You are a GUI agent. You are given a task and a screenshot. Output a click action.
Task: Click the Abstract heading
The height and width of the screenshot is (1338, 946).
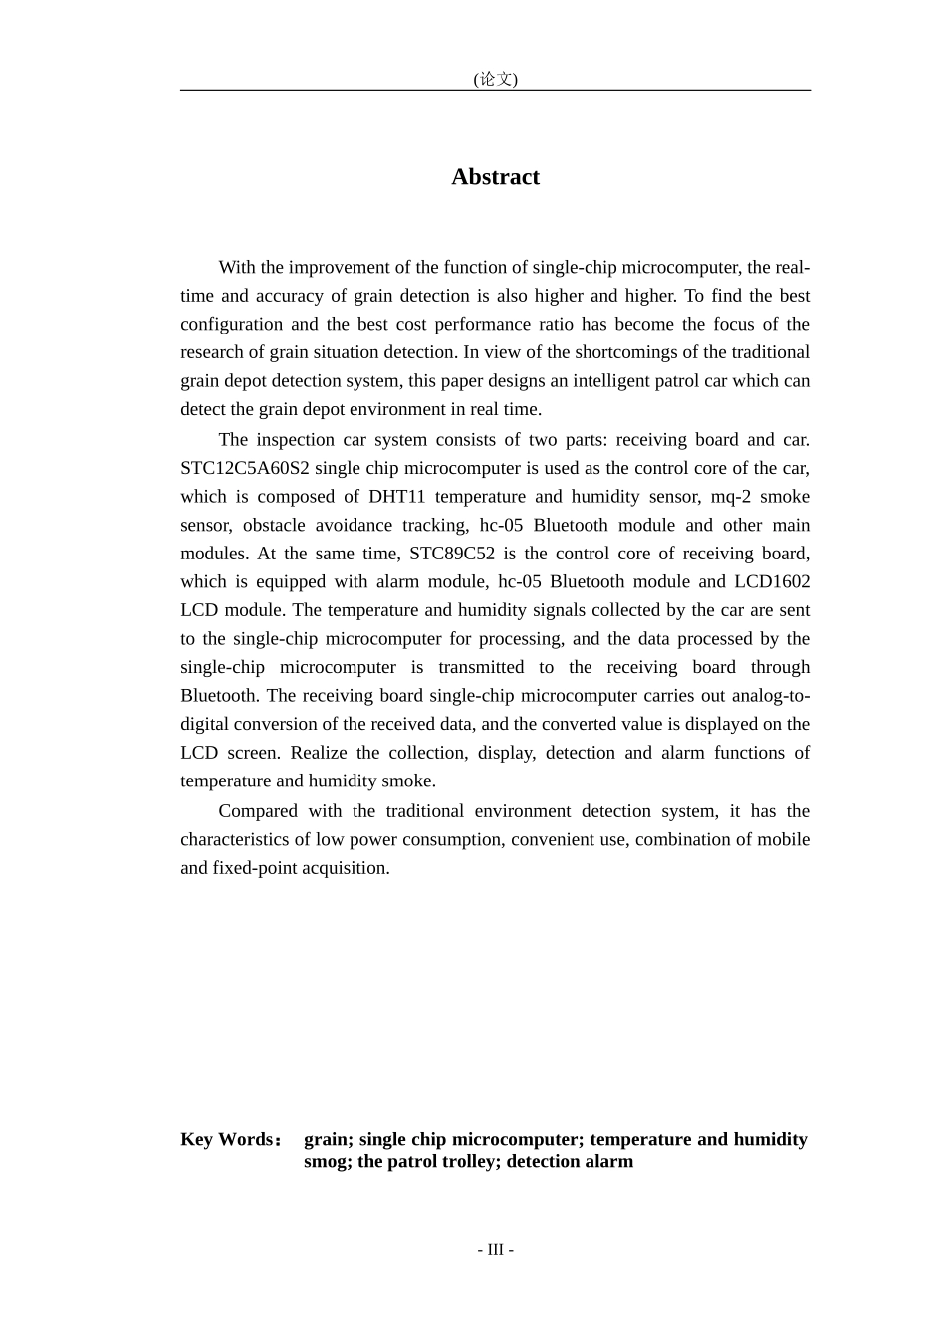495,177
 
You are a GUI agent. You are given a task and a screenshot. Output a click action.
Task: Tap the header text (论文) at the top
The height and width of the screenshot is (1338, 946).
495,79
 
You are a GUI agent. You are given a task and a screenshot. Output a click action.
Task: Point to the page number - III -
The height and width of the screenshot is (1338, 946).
495,1250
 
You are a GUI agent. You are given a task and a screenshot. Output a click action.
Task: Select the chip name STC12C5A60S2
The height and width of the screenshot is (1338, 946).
244,468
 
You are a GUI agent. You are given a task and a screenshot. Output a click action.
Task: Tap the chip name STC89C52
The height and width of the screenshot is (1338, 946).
452,554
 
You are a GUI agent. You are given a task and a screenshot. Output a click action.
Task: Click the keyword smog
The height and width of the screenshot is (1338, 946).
328,1162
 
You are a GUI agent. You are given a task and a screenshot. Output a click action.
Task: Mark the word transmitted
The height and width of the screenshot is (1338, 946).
481,668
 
